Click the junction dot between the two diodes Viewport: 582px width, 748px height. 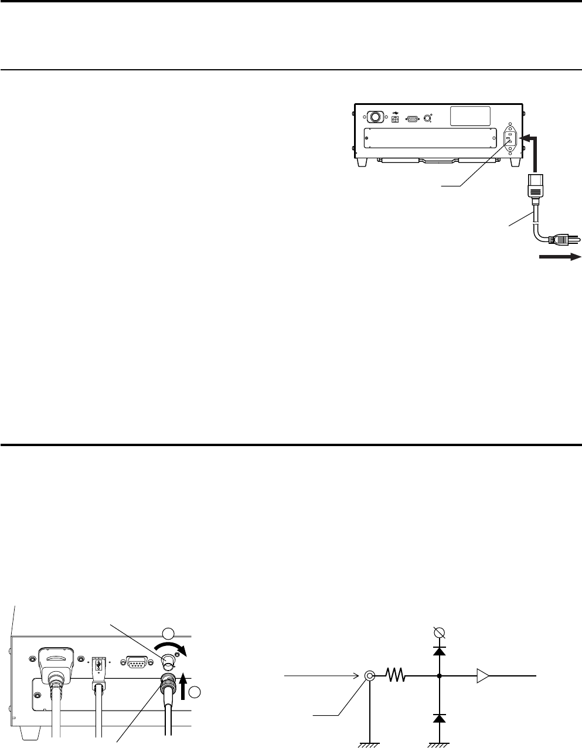[440, 676]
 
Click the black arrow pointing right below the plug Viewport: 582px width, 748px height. [560, 256]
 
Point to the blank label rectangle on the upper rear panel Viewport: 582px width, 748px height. [470, 115]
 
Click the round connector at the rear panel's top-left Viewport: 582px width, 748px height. [374, 117]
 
